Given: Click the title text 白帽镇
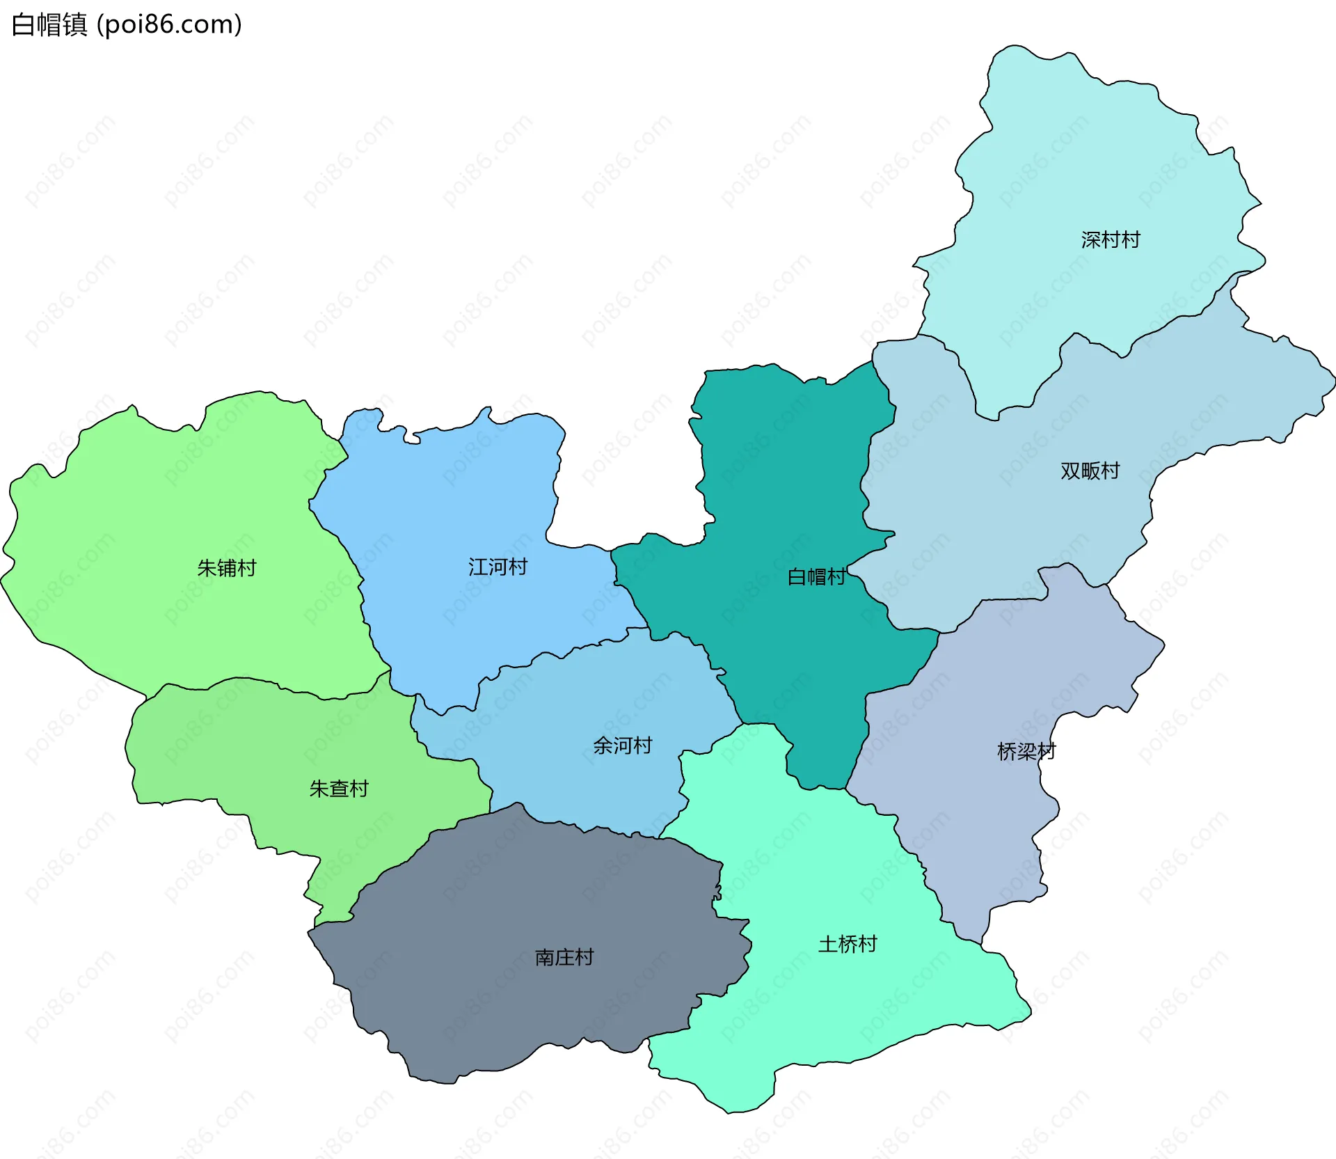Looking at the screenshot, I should coord(49,25).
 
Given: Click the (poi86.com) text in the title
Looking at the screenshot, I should coord(169,25).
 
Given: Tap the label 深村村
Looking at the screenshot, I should coord(1111,240).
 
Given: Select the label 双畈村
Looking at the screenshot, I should coord(1090,471).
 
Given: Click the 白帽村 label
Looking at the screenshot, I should coord(816,577).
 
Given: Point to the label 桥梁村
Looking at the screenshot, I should coord(1026,752).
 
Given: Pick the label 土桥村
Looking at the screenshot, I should coord(848,945).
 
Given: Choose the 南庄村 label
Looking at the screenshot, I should coord(564,958).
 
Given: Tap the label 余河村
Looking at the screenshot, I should coord(623,746).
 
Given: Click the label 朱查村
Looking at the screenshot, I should coord(339,789).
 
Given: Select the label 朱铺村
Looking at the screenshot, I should coord(227,569).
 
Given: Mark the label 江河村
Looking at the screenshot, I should coord(498,567).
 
